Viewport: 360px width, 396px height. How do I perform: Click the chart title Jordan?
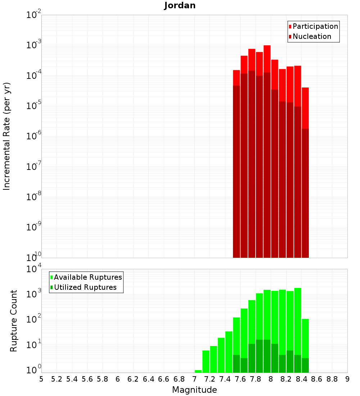pos(180,5)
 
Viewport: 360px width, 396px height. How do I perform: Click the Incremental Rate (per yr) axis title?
pos(7,136)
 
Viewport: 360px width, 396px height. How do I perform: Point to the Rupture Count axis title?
pos(14,321)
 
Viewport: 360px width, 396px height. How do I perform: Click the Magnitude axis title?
pos(194,390)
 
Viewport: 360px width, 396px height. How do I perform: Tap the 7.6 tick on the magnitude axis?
pos(240,379)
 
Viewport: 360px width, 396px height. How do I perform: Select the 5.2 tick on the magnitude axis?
pos(57,379)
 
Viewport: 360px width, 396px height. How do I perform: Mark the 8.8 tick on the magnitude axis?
pos(332,379)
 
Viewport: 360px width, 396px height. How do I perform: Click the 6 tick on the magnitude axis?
pos(118,379)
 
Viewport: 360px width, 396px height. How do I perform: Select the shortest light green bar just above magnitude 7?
pos(198,371)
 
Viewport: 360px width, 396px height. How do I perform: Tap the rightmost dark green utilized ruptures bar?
pos(305,365)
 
